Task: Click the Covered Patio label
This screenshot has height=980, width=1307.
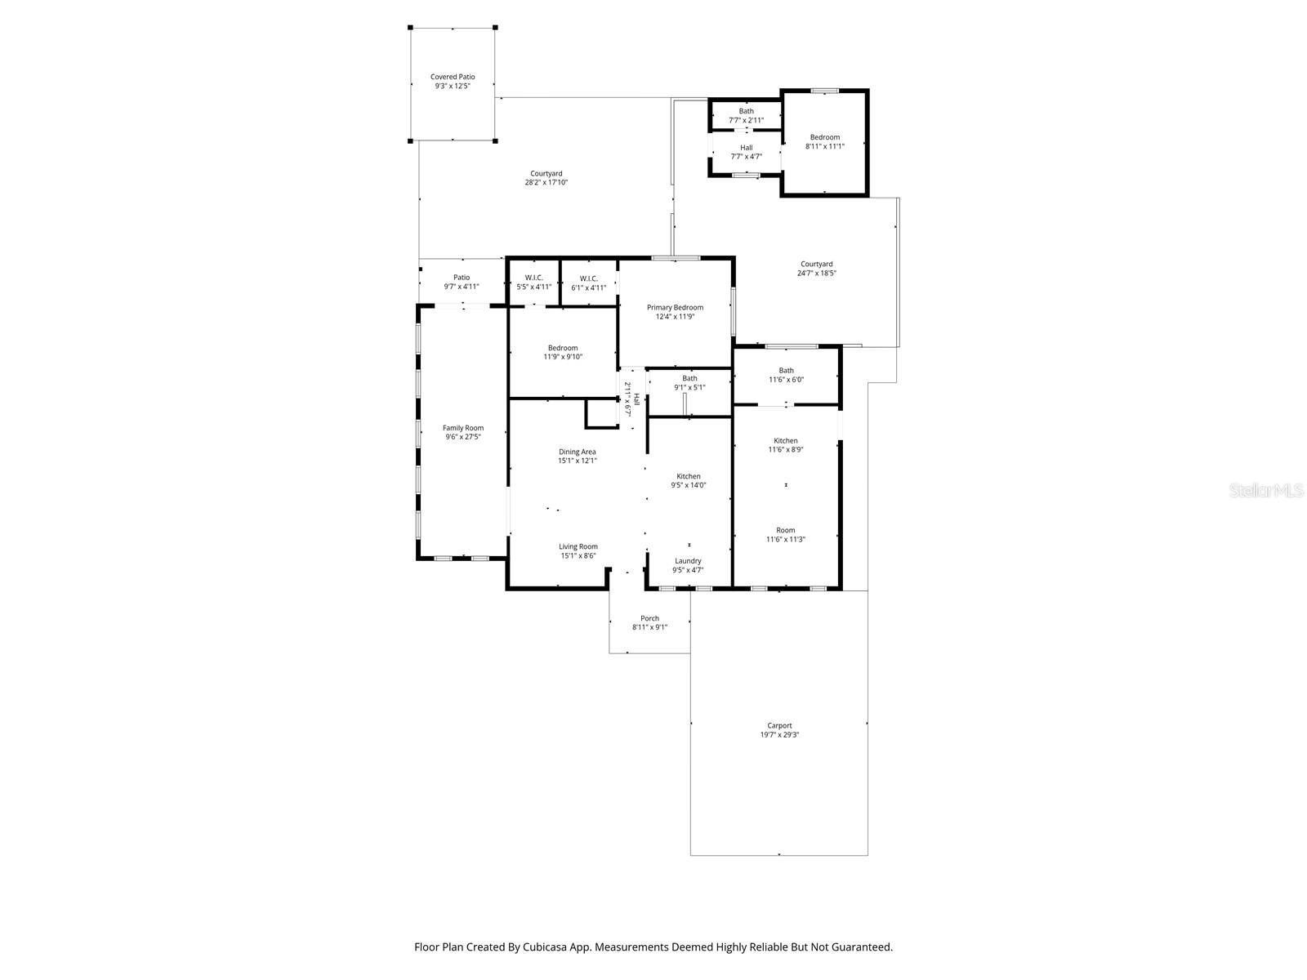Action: pyautogui.click(x=453, y=77)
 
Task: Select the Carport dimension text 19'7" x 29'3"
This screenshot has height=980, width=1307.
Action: pyautogui.click(x=779, y=735)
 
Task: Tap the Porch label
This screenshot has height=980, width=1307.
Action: pyautogui.click(x=649, y=618)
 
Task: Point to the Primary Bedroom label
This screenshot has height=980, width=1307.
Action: pyautogui.click(x=675, y=308)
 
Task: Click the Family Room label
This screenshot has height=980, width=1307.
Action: pyautogui.click(x=463, y=428)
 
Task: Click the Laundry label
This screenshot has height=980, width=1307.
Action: pyautogui.click(x=688, y=561)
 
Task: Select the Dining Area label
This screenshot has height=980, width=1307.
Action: pyautogui.click(x=578, y=452)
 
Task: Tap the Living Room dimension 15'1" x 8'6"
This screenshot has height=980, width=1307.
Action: pyautogui.click(x=578, y=556)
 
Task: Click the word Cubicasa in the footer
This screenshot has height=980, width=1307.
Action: pyautogui.click(x=546, y=947)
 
